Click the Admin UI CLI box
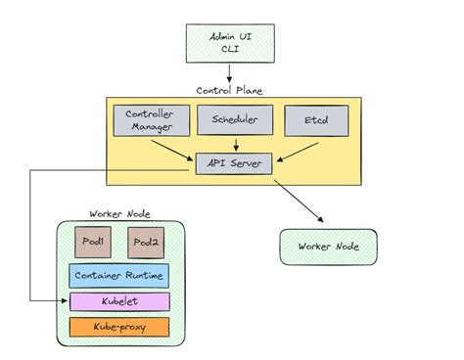coord(230,42)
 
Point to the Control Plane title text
coord(229,90)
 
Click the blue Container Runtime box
coord(118,275)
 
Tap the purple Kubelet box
coord(118,301)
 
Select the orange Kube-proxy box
coord(118,327)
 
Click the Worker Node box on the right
coord(328,247)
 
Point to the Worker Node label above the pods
coord(118,213)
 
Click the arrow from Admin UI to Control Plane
coord(229,72)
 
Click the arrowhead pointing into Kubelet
coord(59,300)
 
